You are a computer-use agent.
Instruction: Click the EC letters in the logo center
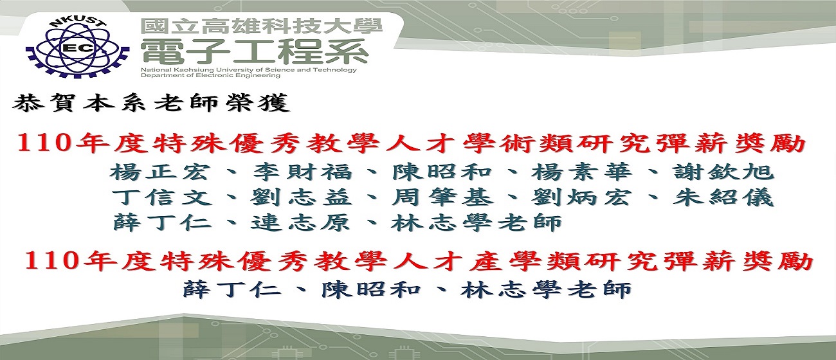tap(78, 48)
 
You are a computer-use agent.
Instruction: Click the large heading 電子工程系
tap(255, 51)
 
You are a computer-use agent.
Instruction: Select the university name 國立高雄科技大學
tap(262, 26)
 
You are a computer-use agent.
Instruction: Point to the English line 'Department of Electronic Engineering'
tap(210, 75)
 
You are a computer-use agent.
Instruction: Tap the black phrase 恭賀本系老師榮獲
tap(151, 102)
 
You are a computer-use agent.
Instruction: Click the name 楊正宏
tap(159, 172)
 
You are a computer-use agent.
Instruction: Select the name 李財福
tap(302, 172)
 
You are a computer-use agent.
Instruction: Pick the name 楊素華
tap(581, 172)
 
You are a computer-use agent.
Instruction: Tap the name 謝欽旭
tap(723, 172)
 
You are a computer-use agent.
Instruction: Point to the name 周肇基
tap(442, 197)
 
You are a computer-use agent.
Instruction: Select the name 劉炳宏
tap(581, 197)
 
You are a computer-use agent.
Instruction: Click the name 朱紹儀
tap(723, 197)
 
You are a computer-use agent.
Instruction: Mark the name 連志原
tap(301, 222)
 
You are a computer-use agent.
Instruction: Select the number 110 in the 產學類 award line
tap(51, 260)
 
